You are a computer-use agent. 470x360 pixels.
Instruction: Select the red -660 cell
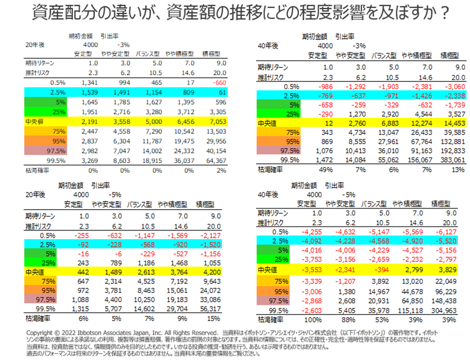[x=218, y=82]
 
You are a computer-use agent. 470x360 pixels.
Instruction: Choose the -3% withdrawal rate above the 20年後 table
[x=108, y=44]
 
